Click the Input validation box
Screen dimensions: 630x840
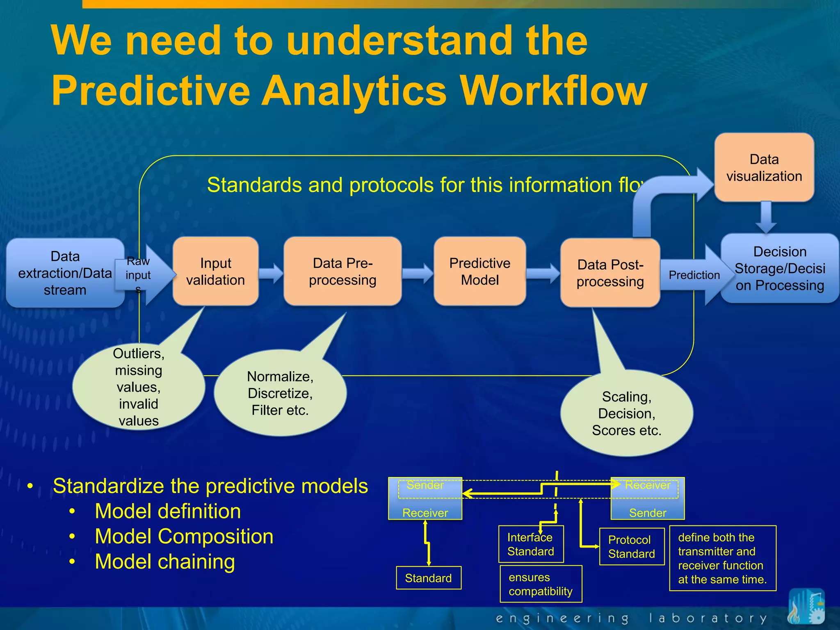pyautogui.click(x=215, y=271)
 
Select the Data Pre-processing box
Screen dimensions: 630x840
pyautogui.click(x=342, y=271)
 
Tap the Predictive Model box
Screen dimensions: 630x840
pyautogui.click(x=479, y=271)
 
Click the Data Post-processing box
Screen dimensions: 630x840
pyautogui.click(x=610, y=273)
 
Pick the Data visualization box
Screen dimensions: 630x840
pyautogui.click(x=764, y=167)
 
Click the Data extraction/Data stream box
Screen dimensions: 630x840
pyautogui.click(x=65, y=273)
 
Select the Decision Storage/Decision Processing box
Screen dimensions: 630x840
pyautogui.click(x=779, y=268)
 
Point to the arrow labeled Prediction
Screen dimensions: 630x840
pyautogui.click(x=694, y=275)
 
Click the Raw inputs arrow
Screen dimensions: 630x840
pyautogui.click(x=144, y=275)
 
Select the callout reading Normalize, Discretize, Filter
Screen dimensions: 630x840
pyautogui.click(x=280, y=393)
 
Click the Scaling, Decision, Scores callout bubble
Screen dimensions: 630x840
pyautogui.click(x=626, y=413)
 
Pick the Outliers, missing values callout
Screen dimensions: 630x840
pyautogui.click(x=138, y=387)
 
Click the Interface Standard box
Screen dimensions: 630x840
pyautogui.click(x=531, y=544)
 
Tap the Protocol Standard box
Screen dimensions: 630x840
pyautogui.click(x=631, y=547)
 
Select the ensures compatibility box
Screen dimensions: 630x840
pyautogui.click(x=541, y=584)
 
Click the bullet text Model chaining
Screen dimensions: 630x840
pyautogui.click(x=165, y=562)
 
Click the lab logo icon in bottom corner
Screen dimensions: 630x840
pyautogui.click(x=806, y=607)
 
